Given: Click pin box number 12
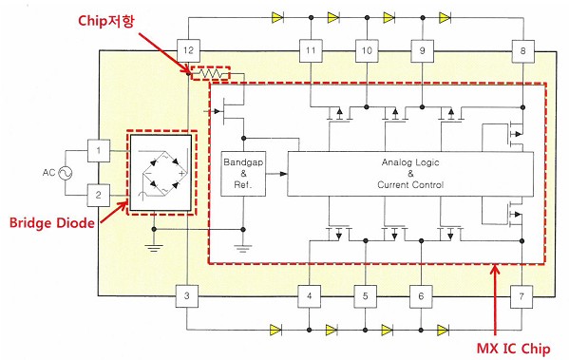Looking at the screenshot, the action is click(188, 50).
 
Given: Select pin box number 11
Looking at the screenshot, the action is click(311, 50).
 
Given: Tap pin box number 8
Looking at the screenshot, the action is click(522, 50).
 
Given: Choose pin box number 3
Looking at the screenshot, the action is click(187, 295).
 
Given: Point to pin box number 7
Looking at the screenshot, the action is click(522, 296).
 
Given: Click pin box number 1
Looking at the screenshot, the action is click(99, 151).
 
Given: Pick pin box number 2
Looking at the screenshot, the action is click(99, 196).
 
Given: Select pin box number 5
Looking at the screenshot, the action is click(366, 296).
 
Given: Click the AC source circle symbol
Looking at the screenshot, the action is click(66, 173).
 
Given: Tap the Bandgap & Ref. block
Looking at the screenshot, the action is click(243, 174).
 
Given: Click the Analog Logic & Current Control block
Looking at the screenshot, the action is click(410, 174).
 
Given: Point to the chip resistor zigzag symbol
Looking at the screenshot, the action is click(211, 74).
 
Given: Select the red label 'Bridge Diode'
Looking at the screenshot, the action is click(52, 222).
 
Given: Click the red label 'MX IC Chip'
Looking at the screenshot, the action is click(513, 349).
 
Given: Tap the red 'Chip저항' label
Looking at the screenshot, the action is click(105, 20).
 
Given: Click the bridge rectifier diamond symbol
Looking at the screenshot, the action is click(164, 172).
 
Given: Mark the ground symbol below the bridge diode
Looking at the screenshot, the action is click(154, 248).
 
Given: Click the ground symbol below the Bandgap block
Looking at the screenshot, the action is click(243, 249).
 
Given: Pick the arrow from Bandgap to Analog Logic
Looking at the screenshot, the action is click(276, 174).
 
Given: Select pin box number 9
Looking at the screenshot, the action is click(423, 50).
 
